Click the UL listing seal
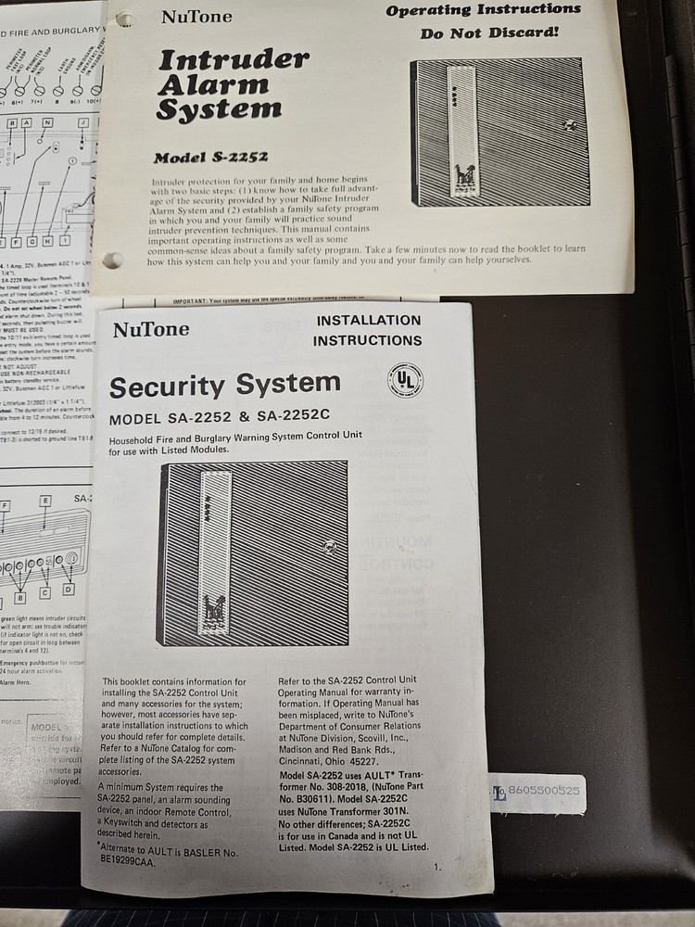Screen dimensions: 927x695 (405, 381)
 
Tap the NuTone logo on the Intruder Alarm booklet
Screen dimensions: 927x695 (196, 16)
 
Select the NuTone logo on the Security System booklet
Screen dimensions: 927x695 (151, 329)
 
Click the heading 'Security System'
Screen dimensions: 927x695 (225, 386)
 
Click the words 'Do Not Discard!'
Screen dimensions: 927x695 (489, 32)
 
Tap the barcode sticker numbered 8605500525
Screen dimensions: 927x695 (537, 793)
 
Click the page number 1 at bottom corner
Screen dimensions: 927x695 (436, 867)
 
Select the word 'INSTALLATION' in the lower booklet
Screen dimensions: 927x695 (368, 321)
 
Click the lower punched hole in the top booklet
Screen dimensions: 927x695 (113, 260)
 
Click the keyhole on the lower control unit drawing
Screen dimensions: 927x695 (327, 547)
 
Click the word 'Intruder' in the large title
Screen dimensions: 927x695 (234, 61)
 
